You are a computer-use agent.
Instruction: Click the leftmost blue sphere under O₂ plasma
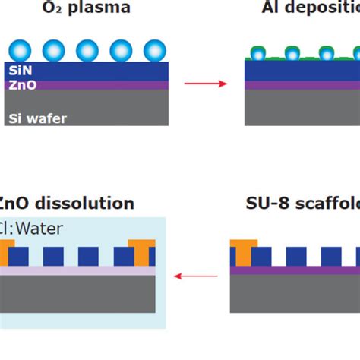click(x=20, y=51)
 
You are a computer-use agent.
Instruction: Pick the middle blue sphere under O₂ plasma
click(x=87, y=51)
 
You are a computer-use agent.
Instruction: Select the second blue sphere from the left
click(x=54, y=51)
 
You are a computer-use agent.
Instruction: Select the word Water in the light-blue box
click(x=43, y=227)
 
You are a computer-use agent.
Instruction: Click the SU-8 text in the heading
click(x=265, y=204)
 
